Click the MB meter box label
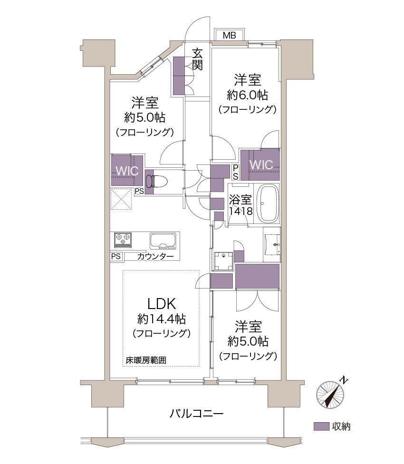click(x=229, y=35)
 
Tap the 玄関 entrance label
click(x=197, y=60)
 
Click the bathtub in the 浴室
click(x=268, y=203)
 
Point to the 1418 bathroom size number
click(x=241, y=211)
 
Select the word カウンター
click(x=155, y=256)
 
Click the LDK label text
click(x=162, y=304)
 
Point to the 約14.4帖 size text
click(x=162, y=319)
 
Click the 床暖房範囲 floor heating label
click(x=146, y=360)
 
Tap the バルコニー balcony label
click(x=196, y=413)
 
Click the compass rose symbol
click(x=331, y=394)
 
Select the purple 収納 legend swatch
click(x=321, y=426)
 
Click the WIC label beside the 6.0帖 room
click(x=261, y=164)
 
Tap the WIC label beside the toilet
click(x=127, y=171)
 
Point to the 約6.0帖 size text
click(x=248, y=95)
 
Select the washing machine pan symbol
click(x=223, y=261)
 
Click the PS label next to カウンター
click(x=116, y=256)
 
